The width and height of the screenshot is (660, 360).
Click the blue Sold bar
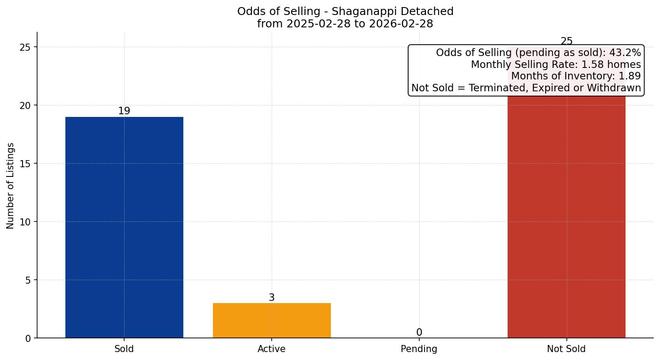[x=124, y=227]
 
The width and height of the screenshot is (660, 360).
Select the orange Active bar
[x=272, y=320]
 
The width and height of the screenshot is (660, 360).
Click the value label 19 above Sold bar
[x=124, y=111]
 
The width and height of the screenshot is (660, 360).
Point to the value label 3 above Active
[x=272, y=298]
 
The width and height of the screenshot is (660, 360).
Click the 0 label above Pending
[x=419, y=333]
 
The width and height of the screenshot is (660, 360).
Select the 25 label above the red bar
[x=566, y=41]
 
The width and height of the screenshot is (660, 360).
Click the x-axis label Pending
[x=419, y=349]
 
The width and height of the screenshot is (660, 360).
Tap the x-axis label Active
[x=272, y=349]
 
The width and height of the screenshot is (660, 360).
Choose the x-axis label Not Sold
[x=566, y=349]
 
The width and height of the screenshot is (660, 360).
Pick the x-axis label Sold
[x=124, y=349]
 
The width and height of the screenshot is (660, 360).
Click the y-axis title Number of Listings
[x=11, y=185]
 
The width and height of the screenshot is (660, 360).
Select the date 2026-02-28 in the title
[x=403, y=24]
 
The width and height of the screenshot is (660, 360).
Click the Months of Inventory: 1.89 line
[x=576, y=76]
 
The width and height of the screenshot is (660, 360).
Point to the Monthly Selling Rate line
[x=555, y=64]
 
